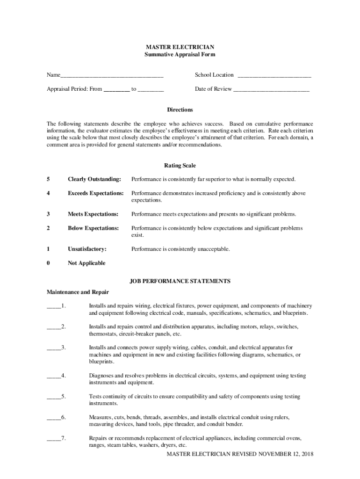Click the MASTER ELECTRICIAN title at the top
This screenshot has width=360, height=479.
pos(180,47)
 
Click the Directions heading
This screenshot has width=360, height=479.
pos(180,109)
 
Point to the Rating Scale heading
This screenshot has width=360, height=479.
pos(180,166)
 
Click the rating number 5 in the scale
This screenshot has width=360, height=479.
pos(48,179)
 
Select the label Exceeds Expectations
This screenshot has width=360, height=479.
pos(95,193)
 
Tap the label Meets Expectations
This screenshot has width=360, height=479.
pos(93,214)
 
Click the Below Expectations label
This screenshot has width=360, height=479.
pos(93,228)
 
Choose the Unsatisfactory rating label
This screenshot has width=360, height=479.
pos(87,249)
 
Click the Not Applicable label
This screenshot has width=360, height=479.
pos(86,263)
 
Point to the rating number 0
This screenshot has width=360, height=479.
pos(48,263)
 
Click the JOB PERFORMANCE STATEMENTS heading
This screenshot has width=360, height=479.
pos(180,281)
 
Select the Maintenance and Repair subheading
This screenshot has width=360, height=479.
pos(78,292)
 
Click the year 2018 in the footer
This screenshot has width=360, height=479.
pos(307,454)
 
